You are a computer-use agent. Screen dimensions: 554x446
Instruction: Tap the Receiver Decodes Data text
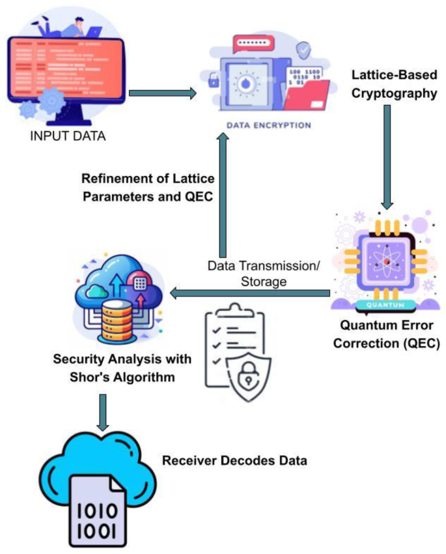point(234,461)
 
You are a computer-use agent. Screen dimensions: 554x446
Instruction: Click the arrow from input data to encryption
point(163,94)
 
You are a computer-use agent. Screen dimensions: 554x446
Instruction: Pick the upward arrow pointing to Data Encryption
point(223,196)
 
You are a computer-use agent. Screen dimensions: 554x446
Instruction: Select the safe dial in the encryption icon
point(241,85)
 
